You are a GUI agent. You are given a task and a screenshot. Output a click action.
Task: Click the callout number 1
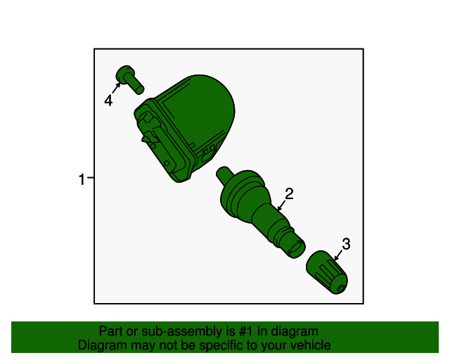(x=82, y=179)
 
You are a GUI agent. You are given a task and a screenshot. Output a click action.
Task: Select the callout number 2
(x=289, y=193)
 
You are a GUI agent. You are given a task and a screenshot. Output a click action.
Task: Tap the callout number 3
(x=346, y=244)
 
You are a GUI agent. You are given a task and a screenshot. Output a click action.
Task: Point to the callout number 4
(x=108, y=101)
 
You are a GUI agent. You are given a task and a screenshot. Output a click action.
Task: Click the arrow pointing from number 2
(x=282, y=205)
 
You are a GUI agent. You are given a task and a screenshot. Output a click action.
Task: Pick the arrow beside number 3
(x=338, y=255)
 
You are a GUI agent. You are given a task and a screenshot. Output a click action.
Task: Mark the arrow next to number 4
(x=115, y=88)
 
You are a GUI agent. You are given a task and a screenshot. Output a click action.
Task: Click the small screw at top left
(x=129, y=79)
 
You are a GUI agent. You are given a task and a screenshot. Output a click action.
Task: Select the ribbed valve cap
(x=327, y=272)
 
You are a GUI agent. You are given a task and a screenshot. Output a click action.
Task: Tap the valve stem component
(x=258, y=210)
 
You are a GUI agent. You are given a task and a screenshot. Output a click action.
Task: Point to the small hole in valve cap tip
(x=341, y=289)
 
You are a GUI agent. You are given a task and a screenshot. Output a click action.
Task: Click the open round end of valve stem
(x=297, y=249)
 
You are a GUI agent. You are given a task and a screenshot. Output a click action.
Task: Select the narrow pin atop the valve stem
(x=225, y=174)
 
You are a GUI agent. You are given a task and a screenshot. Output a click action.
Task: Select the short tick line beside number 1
(x=91, y=178)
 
